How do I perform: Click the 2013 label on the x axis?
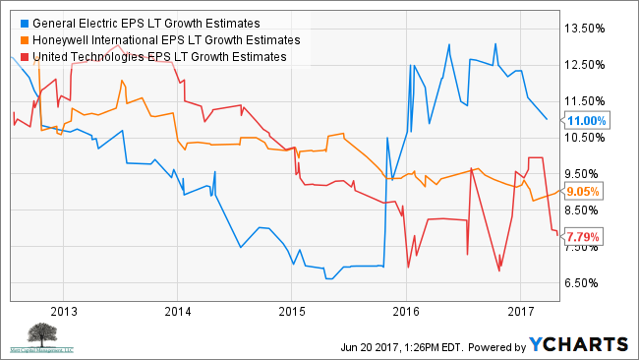pyautogui.click(x=63, y=311)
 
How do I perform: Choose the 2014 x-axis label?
pyautogui.click(x=177, y=311)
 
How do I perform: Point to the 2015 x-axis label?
pyautogui.click(x=291, y=311)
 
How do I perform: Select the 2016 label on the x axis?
pyautogui.click(x=406, y=311)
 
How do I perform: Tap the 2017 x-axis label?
pyautogui.click(x=520, y=311)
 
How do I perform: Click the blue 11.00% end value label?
pyautogui.click(x=587, y=120)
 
